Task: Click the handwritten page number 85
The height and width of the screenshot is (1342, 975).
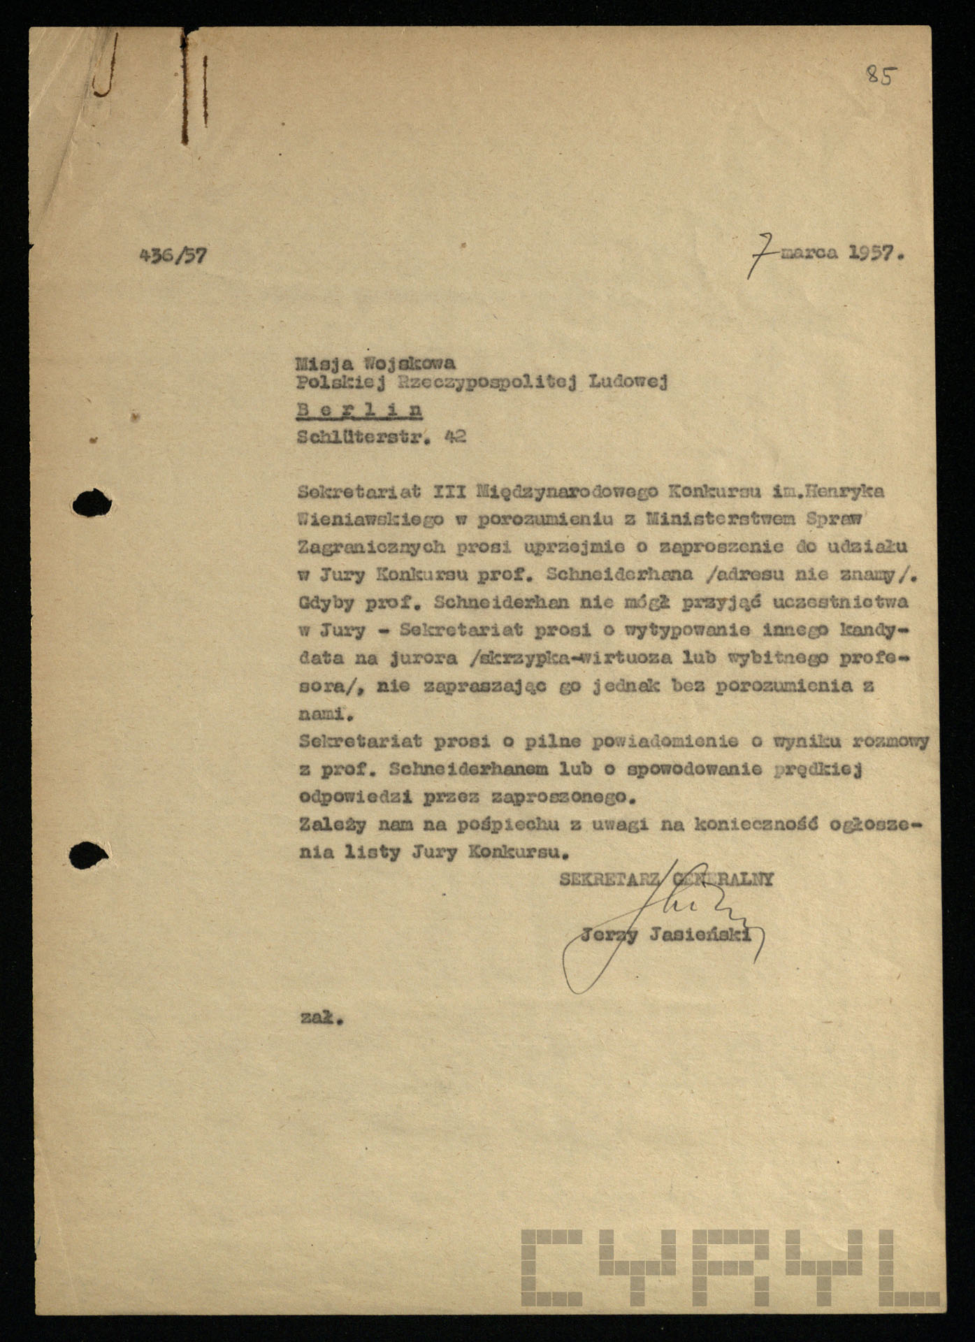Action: (880, 74)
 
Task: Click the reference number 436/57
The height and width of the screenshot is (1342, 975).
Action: (173, 255)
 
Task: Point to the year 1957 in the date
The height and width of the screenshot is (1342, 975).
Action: (872, 254)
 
